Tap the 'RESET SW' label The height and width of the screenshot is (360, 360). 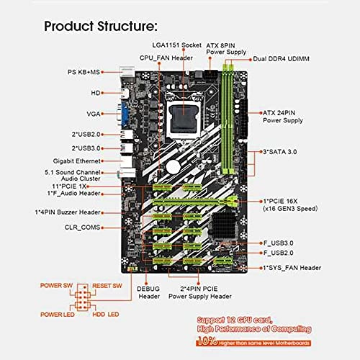tap(107, 285)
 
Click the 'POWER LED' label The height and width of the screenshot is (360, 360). tap(58, 315)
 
